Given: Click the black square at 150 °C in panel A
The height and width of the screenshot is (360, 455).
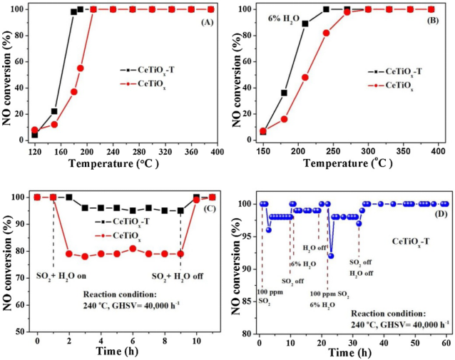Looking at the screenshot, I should (x=54, y=111).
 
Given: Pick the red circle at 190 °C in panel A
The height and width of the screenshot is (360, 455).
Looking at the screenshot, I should (x=81, y=68).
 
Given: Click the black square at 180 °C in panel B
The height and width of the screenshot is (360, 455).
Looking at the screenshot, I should (x=284, y=93).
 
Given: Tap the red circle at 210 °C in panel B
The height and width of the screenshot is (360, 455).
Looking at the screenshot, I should (x=305, y=77).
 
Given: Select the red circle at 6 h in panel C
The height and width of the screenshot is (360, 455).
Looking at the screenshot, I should (x=133, y=248).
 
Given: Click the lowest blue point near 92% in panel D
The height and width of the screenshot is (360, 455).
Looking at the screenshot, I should (x=331, y=255).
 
